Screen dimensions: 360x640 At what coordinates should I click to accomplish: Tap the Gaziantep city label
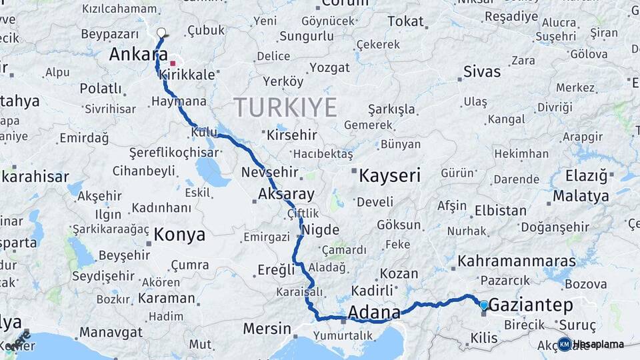point(531,305)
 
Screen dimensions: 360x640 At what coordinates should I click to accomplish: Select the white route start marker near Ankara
point(161,32)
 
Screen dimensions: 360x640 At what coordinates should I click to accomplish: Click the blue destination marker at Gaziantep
point(484,305)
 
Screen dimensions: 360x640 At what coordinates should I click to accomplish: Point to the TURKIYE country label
point(285,107)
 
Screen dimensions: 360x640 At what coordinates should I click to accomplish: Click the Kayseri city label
point(389,176)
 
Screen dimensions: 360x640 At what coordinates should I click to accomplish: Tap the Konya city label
point(179,235)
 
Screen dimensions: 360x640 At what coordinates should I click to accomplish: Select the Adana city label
point(374,312)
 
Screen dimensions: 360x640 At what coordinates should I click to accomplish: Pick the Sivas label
point(481,71)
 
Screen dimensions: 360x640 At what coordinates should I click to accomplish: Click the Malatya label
point(581,196)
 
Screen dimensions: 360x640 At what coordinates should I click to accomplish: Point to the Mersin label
point(267,329)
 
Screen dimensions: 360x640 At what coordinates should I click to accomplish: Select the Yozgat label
point(329,67)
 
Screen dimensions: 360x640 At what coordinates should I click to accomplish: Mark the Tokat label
point(405,21)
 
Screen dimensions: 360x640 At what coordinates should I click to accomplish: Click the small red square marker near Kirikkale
point(173,63)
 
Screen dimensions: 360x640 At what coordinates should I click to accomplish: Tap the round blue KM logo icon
point(564,344)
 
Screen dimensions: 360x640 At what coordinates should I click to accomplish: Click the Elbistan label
point(500,211)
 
